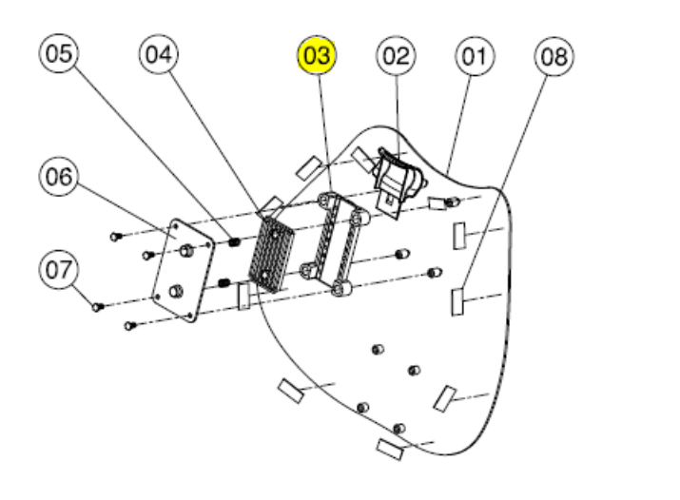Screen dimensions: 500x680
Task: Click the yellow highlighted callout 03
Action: tap(317, 56)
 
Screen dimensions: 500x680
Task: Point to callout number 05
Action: tap(60, 54)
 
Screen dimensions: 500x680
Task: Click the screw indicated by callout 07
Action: tap(96, 306)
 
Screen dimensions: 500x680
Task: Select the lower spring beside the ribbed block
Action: tap(223, 282)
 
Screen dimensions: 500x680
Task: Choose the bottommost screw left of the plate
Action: tap(129, 326)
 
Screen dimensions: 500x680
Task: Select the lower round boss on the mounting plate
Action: tap(174, 289)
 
